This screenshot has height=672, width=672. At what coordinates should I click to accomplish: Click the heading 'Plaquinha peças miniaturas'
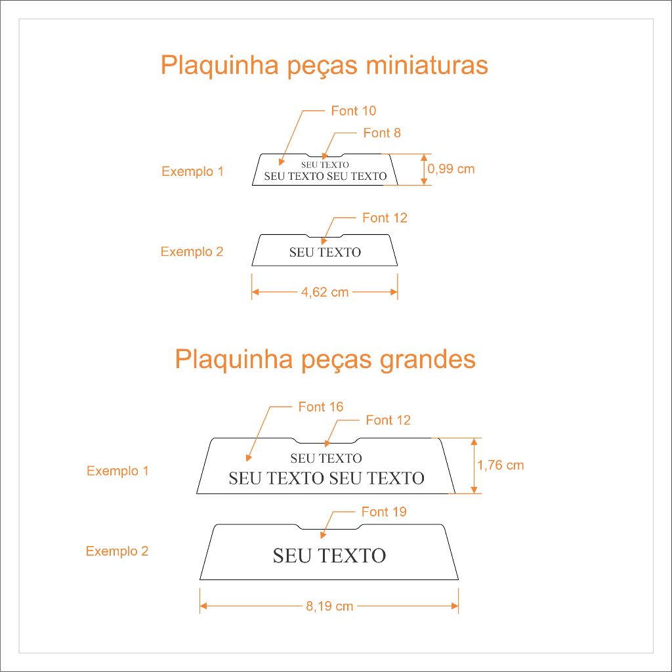[324, 66]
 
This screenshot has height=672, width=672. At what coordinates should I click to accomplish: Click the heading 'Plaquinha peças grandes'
[325, 360]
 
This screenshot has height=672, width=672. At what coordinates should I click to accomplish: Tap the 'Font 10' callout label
[353, 111]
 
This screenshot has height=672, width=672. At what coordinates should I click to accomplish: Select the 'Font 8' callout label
[382, 133]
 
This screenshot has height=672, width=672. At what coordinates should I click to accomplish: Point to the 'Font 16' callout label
[320, 407]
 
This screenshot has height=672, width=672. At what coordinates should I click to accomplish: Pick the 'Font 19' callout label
[384, 512]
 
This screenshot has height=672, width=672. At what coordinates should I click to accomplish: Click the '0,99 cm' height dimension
[451, 169]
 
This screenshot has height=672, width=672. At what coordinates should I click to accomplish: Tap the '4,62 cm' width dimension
[325, 292]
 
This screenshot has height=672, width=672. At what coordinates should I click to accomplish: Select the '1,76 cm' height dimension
[501, 465]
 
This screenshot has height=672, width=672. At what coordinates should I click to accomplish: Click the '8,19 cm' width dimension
[329, 606]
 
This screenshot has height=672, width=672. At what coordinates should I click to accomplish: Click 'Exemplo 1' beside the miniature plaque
[192, 172]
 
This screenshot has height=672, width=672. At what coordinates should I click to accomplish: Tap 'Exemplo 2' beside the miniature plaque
[192, 252]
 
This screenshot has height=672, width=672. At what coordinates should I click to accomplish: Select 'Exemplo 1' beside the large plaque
[117, 471]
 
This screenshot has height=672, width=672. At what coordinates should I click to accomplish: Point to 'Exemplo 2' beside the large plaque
[117, 551]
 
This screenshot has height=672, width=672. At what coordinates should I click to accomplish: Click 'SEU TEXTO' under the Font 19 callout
[329, 556]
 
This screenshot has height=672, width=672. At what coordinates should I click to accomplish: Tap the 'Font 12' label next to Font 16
[388, 420]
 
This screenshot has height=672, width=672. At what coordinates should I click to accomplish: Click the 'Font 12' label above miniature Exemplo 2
[385, 218]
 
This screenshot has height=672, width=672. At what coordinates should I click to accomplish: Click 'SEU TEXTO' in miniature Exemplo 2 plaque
[325, 252]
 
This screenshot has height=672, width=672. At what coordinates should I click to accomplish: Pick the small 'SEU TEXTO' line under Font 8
[325, 165]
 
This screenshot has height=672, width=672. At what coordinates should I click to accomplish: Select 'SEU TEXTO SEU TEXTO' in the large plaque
[326, 478]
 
